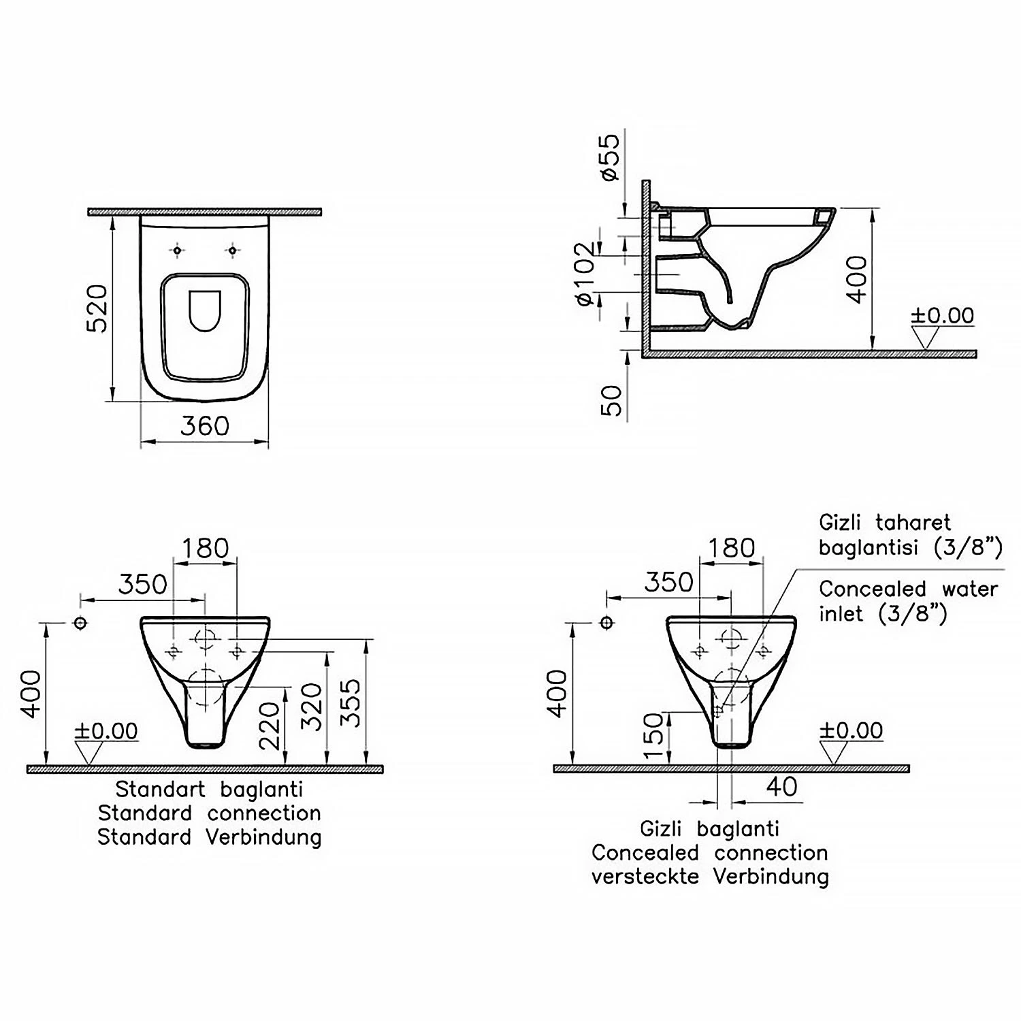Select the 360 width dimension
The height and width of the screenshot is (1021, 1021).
click(x=205, y=426)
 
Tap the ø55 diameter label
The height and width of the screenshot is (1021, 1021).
click(x=610, y=157)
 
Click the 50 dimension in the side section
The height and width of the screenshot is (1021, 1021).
click(x=611, y=401)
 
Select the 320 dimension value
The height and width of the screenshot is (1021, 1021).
click(x=312, y=707)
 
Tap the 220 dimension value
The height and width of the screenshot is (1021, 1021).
click(x=270, y=726)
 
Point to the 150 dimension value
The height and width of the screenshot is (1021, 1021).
click(x=653, y=736)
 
